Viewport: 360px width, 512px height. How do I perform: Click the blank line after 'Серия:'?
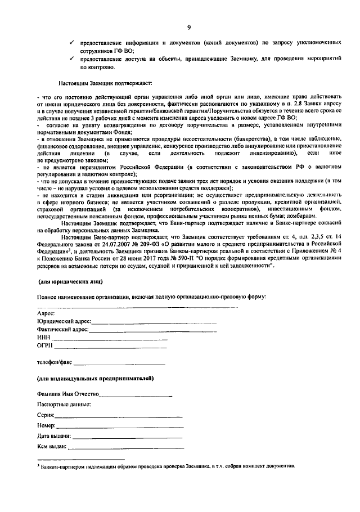(119, 416)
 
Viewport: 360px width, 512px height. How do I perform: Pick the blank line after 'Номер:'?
(120, 426)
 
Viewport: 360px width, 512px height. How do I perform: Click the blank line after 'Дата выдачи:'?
(127, 437)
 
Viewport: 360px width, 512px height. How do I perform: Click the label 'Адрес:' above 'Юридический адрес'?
(46, 313)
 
